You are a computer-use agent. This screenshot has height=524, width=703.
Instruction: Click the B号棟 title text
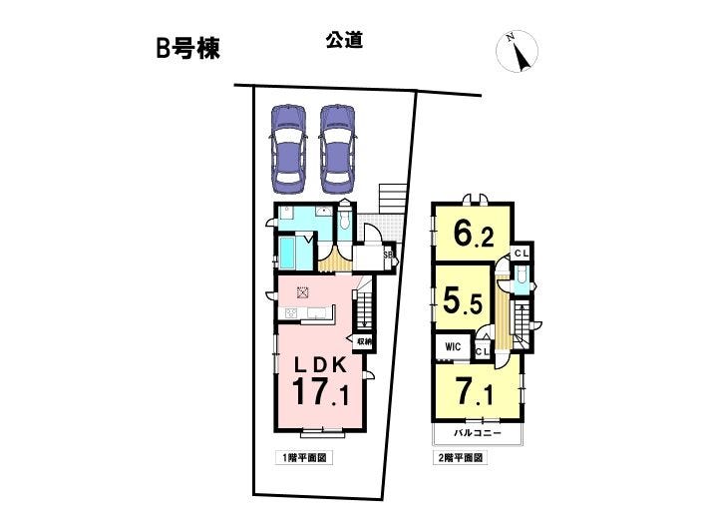tap(187, 49)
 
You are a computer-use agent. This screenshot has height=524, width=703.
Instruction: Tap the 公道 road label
tap(344, 41)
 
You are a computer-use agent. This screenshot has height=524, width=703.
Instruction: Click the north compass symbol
tap(517, 52)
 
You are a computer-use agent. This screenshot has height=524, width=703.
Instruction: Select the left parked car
tap(288, 149)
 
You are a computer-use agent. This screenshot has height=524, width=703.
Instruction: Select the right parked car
tap(338, 149)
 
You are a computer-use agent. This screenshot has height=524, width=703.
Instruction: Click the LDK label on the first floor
tap(320, 365)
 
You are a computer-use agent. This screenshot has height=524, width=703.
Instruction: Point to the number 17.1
tap(320, 391)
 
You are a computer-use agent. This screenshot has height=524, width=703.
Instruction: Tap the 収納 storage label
tap(364, 342)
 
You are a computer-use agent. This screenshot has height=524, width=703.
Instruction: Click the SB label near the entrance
tap(388, 255)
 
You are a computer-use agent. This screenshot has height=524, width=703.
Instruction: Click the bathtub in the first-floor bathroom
tap(287, 254)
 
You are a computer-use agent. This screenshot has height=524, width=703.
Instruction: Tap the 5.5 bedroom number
tap(463, 301)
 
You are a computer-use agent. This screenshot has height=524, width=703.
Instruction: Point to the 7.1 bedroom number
tap(474, 393)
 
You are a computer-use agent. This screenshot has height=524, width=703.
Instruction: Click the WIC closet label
tap(453, 346)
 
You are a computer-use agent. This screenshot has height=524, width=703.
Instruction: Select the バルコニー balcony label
tap(477, 434)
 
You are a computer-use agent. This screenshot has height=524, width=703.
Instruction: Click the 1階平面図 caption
tap(304, 458)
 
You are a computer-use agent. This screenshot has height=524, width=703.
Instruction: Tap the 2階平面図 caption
tap(460, 458)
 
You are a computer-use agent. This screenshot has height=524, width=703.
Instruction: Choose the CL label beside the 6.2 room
tap(522, 254)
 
